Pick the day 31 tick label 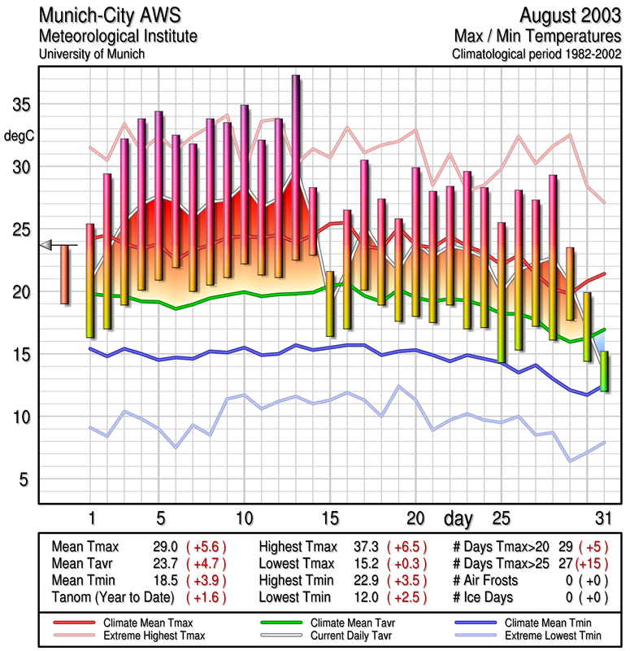point(603,518)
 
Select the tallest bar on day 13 point(296,167)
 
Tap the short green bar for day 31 point(604,370)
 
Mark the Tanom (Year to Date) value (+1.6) point(207,596)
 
